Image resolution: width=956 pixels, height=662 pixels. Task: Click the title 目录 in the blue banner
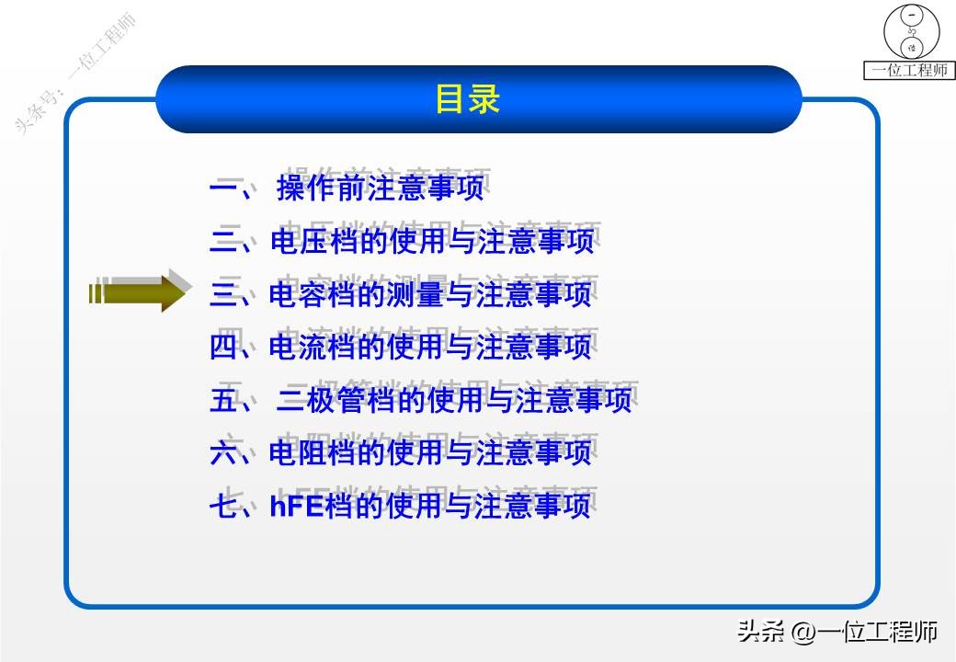pos(467,99)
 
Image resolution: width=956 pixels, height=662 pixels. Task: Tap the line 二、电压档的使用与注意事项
pos(401,242)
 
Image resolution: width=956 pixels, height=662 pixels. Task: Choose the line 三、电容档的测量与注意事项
pos(401,294)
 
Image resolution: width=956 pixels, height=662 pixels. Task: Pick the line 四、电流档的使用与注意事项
pos(401,348)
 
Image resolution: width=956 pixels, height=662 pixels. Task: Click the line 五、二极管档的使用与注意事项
pos(420,401)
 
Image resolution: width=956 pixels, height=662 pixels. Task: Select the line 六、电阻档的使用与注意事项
pos(401,453)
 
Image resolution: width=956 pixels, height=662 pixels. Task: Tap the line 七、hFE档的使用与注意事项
pos(401,507)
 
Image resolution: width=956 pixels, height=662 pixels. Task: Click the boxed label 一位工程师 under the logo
pos(909,71)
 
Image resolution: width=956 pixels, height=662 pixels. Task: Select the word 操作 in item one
pos(304,188)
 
